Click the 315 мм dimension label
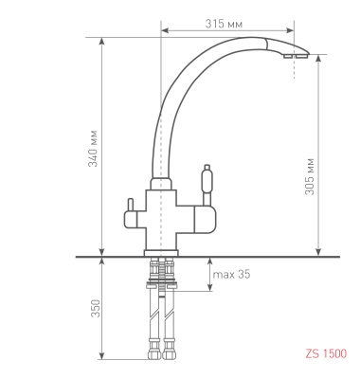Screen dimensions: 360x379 [224, 24]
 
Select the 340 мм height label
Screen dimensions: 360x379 [93, 149]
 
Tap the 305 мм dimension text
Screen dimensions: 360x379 [310, 176]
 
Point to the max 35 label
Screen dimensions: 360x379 [231, 274]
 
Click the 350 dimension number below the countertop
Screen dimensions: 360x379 [96, 308]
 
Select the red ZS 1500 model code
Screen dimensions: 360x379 [326, 353]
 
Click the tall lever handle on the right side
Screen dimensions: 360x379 [207, 183]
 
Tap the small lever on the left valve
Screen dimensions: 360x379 [130, 206]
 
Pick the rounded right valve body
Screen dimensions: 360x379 [206, 219]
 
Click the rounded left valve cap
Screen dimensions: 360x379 [130, 220]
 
